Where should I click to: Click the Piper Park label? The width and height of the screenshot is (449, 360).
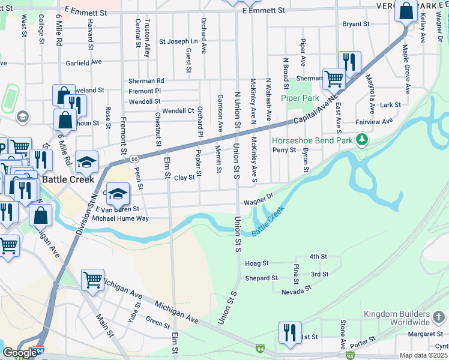(304, 97)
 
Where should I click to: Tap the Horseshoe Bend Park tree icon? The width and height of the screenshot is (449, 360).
(361, 140)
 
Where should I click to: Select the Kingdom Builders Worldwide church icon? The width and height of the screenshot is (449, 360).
(439, 316)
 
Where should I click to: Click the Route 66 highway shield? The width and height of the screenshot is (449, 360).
(134, 159)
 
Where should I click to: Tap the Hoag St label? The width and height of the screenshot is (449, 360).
(257, 263)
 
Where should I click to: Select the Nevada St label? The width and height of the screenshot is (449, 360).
(297, 289)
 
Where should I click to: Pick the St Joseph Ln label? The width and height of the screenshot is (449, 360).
(178, 42)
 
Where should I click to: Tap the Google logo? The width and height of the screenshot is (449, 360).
(19, 353)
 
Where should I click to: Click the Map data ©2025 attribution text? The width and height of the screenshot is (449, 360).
(424, 355)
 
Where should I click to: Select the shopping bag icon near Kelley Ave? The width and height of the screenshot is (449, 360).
(406, 11)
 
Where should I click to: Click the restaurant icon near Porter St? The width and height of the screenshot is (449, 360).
(290, 333)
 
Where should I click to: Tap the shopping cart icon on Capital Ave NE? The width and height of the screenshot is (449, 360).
(334, 77)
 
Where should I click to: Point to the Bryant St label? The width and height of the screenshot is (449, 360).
(355, 24)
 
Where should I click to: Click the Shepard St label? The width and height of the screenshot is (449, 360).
(261, 278)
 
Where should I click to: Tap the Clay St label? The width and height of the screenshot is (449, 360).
(184, 178)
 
